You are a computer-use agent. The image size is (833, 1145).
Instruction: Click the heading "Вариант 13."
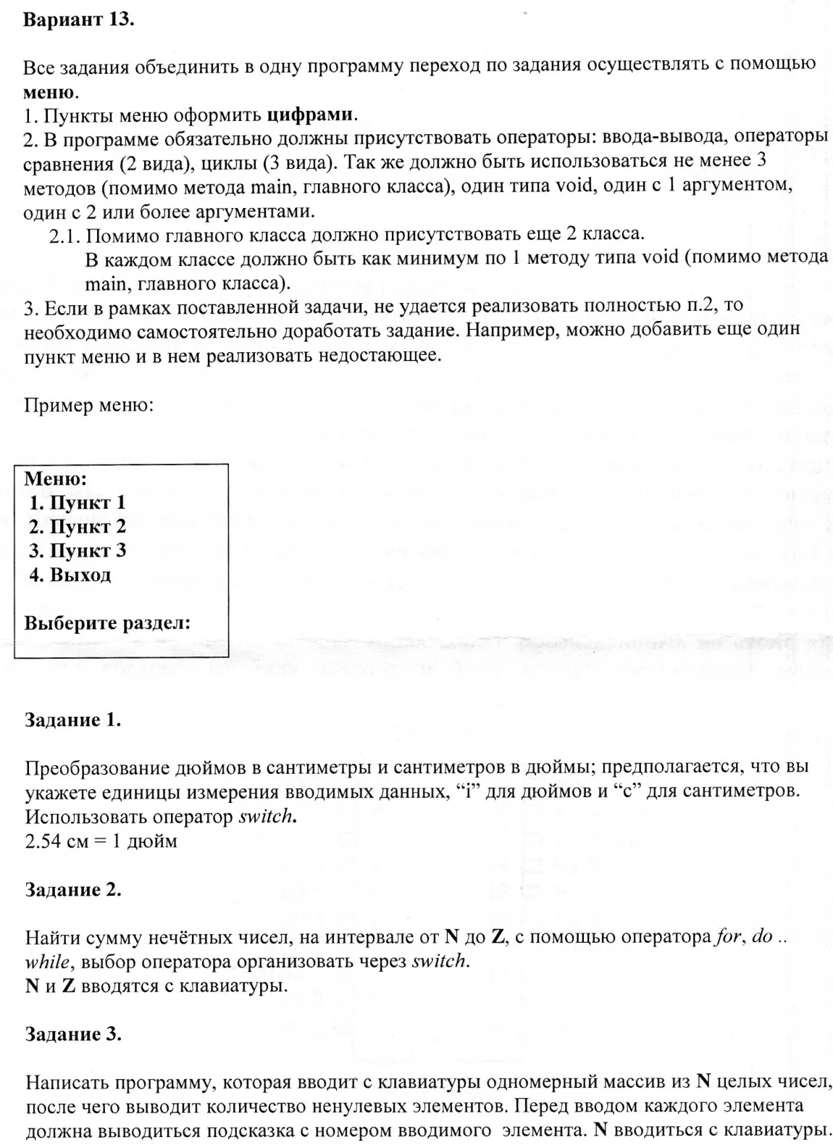pyautogui.click(x=78, y=20)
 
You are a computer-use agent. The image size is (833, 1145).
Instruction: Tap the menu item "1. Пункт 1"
pyautogui.click(x=78, y=502)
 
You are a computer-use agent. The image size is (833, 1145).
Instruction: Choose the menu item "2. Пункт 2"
pyautogui.click(x=78, y=526)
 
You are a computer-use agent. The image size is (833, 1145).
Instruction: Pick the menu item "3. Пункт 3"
pyautogui.click(x=78, y=550)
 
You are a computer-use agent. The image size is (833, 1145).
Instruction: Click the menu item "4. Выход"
pyautogui.click(x=70, y=575)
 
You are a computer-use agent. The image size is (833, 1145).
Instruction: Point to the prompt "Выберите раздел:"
pyautogui.click(x=107, y=623)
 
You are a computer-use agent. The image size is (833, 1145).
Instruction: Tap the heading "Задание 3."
pyautogui.click(x=72, y=1034)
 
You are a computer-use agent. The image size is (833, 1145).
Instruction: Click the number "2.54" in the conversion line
pyautogui.click(x=43, y=841)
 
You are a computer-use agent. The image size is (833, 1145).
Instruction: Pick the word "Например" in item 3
pyautogui.click(x=508, y=330)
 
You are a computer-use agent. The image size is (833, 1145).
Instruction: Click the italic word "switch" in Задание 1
pyautogui.click(x=267, y=817)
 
